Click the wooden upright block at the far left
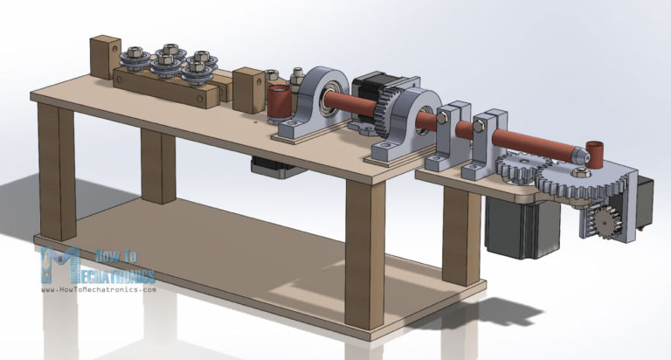coord(106,56)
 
